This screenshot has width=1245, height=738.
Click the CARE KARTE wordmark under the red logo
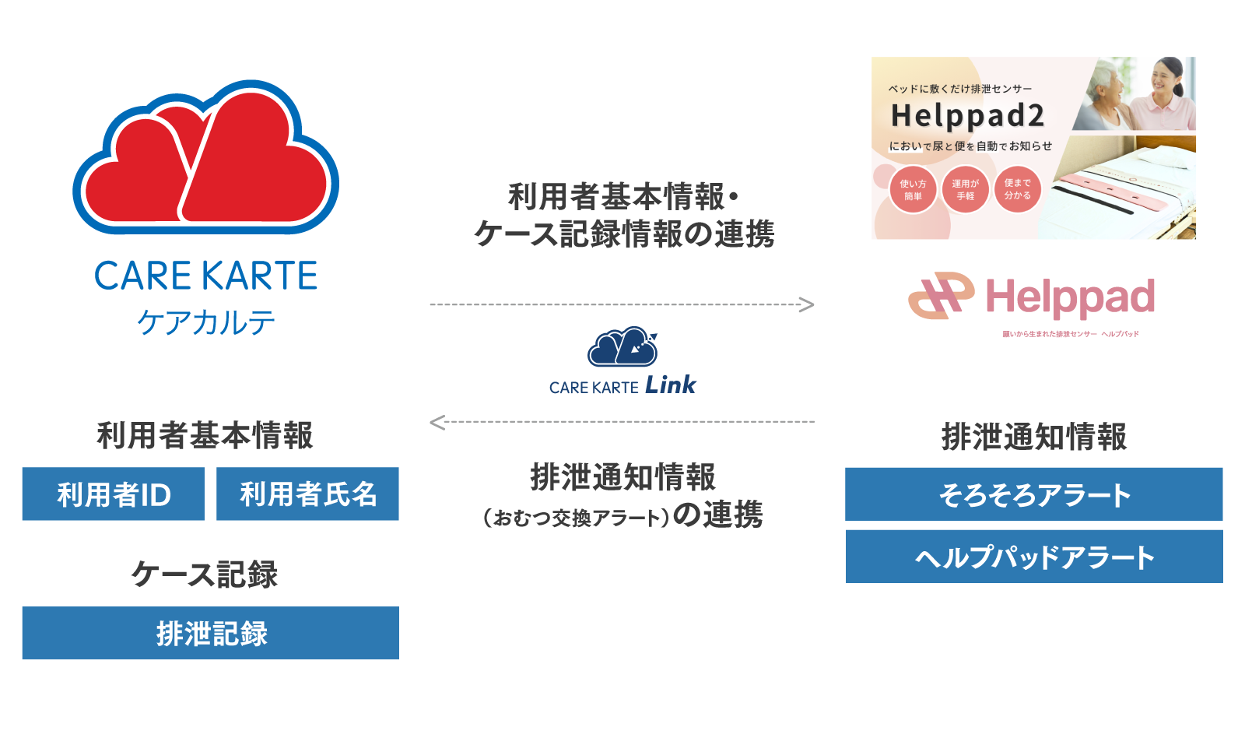[206, 276]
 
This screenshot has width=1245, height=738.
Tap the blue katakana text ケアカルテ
[206, 322]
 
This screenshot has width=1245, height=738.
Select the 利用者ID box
[113, 494]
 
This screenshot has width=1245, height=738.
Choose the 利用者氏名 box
[307, 494]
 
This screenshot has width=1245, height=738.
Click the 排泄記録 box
[210, 633]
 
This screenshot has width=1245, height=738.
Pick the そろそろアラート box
[1034, 494]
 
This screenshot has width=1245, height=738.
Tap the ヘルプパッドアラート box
[1034, 557]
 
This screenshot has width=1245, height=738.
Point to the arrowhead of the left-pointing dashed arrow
[437, 422]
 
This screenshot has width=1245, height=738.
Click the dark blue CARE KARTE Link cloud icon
[622, 347]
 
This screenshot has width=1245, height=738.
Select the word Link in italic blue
[671, 385]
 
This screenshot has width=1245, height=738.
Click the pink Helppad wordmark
[1070, 297]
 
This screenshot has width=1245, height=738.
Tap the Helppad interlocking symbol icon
[941, 296]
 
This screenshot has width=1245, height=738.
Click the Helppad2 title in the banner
[967, 116]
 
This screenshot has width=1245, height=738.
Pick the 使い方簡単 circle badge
[913, 190]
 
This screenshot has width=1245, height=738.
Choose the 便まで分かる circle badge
[1017, 189]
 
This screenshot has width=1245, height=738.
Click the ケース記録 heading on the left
[205, 575]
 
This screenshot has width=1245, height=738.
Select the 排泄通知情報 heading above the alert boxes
[1034, 437]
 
